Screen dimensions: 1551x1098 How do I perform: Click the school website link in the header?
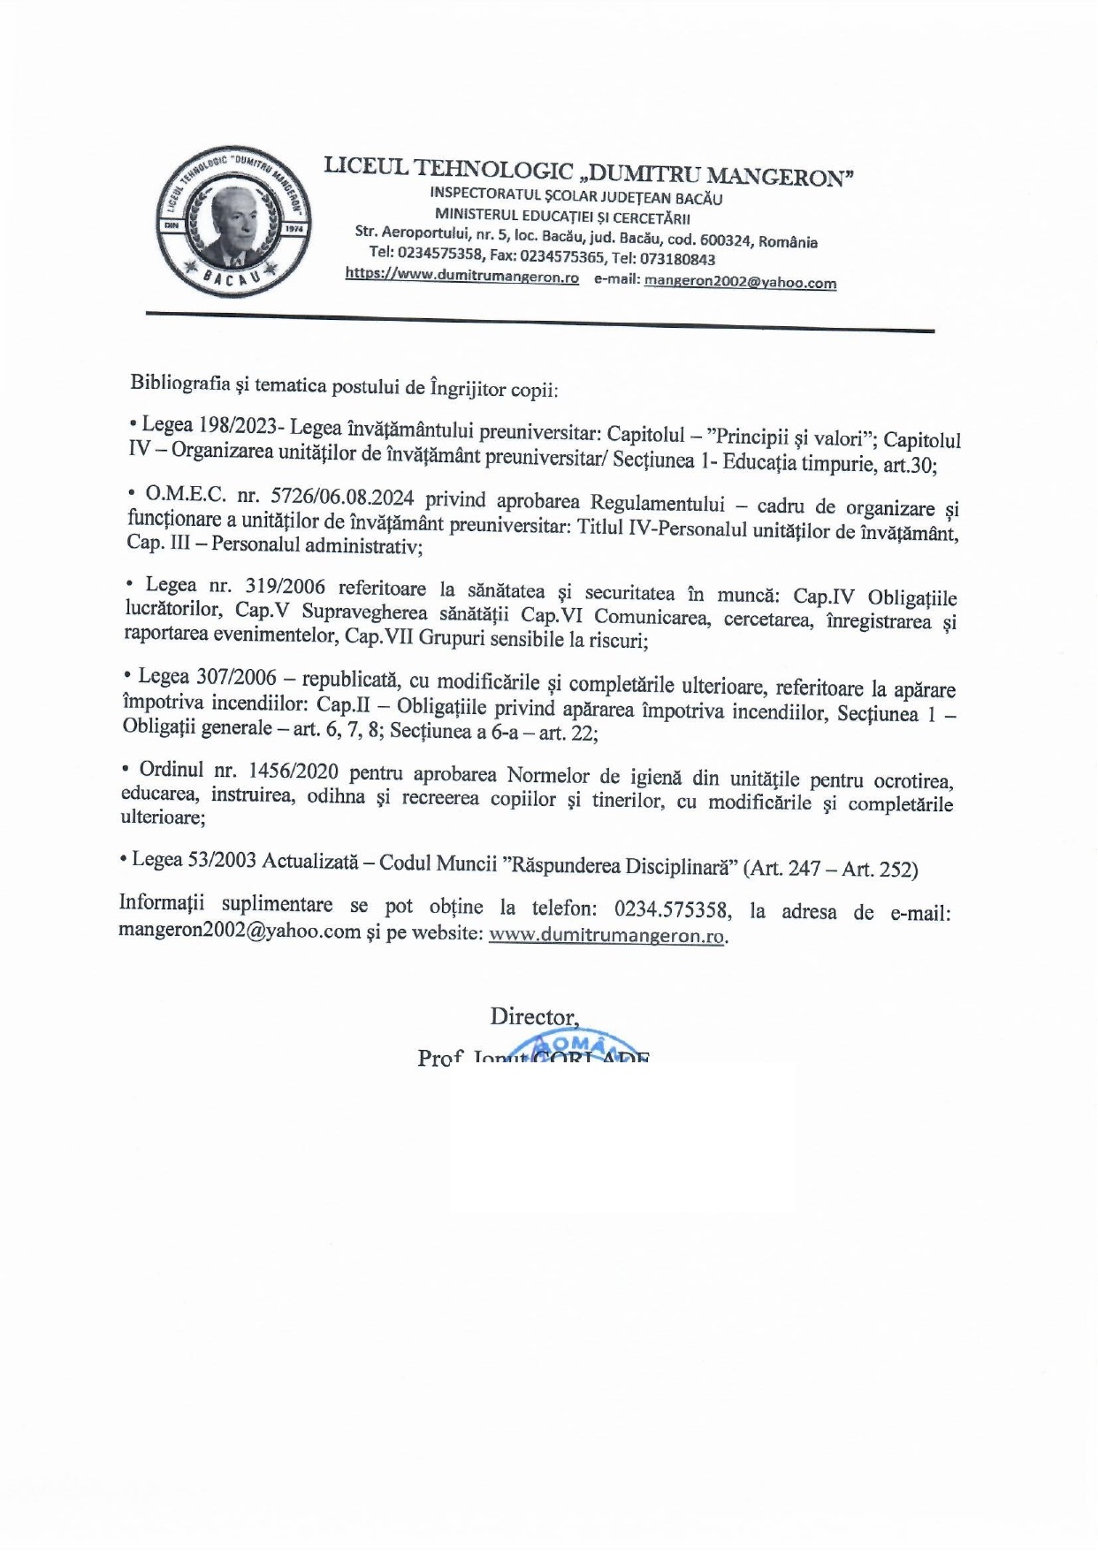(461, 277)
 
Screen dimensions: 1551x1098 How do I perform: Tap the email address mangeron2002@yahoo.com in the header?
(740, 283)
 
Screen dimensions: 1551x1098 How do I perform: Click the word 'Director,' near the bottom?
(535, 1016)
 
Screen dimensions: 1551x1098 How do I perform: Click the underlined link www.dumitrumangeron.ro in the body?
(607, 935)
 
